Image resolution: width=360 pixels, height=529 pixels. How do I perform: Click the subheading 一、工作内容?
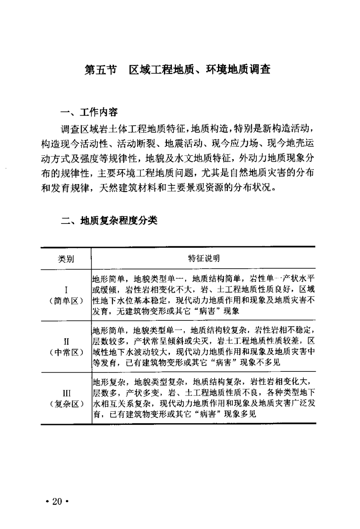(x=88, y=112)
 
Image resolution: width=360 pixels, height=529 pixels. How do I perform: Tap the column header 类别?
(x=65, y=259)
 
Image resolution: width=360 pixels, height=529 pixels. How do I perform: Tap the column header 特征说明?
(x=204, y=259)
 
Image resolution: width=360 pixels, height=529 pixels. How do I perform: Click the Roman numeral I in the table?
(x=66, y=289)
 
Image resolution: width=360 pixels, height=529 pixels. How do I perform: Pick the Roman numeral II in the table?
(x=66, y=341)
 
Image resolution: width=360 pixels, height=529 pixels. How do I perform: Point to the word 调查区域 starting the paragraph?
(x=76, y=131)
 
